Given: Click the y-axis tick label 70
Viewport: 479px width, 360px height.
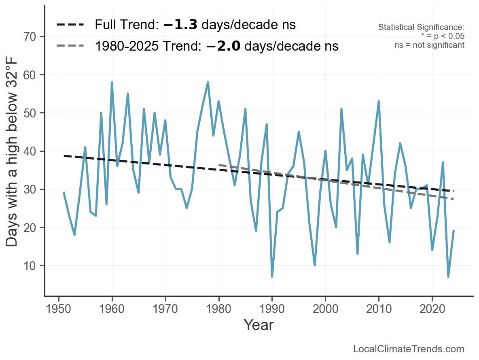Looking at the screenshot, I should coord(31,37).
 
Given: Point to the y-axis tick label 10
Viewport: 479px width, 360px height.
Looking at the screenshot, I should coord(31,266).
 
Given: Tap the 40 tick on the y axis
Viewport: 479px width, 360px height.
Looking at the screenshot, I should coord(31,151).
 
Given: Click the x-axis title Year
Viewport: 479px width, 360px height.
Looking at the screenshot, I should coord(259,325).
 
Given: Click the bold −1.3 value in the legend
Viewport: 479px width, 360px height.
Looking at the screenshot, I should coord(180,25).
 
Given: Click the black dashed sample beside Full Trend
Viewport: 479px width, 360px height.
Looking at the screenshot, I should coord(70,25).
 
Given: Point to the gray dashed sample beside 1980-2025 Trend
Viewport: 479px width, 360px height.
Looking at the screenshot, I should coord(70,46).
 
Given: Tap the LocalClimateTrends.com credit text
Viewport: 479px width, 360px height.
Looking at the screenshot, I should coord(409,349).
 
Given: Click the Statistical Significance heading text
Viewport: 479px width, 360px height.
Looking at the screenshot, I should coord(421,28).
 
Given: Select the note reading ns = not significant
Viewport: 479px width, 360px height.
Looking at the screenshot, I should coord(429,45).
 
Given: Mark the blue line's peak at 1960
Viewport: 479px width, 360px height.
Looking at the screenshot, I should coord(112,82).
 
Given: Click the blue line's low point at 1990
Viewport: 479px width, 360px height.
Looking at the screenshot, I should coord(272,277).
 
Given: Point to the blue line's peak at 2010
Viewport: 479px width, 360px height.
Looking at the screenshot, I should coord(379,101).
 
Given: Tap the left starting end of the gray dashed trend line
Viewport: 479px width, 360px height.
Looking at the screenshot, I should coord(219,165).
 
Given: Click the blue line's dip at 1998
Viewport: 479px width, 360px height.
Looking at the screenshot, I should coord(315,265).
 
